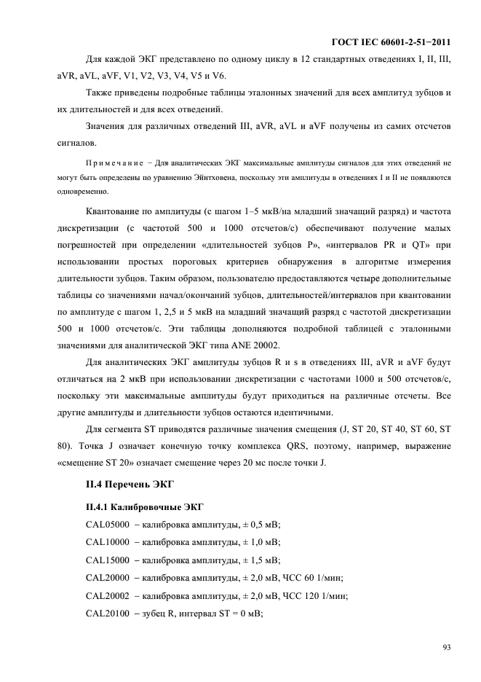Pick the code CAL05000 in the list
coord(108,525)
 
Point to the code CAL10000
coord(108,543)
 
